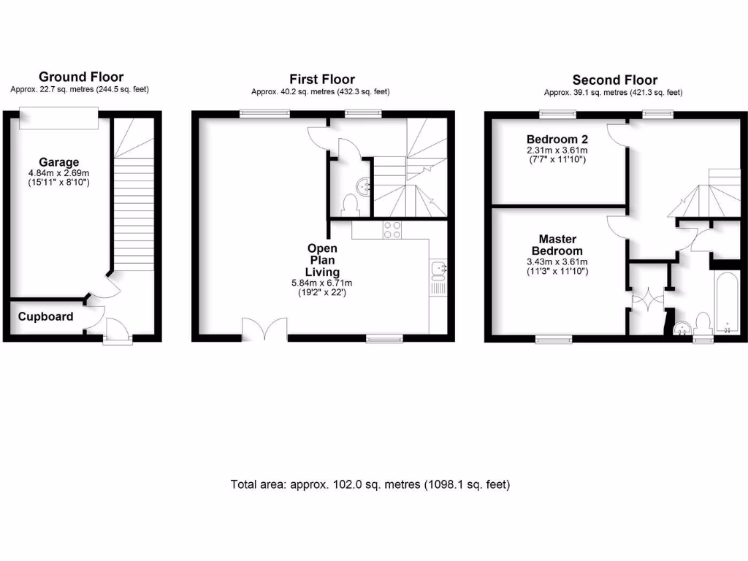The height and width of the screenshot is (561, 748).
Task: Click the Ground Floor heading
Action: [x=81, y=77]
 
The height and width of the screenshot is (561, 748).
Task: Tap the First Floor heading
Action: [x=322, y=79]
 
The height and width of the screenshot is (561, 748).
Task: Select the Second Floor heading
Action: [x=614, y=80]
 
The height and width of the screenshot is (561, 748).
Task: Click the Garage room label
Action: [x=59, y=162]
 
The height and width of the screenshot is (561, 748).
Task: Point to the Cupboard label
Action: [x=46, y=317]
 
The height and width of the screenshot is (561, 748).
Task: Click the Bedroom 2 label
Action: [x=557, y=139]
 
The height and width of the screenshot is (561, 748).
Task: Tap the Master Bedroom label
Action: [x=557, y=245]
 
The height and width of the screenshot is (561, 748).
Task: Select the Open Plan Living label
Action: [x=322, y=260]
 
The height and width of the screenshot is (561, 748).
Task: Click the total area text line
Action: [x=370, y=484]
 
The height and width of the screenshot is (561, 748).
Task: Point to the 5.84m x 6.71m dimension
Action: [x=322, y=283]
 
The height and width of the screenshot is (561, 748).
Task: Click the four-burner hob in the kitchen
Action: [x=392, y=229]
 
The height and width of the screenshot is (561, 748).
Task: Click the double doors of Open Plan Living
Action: [x=264, y=329]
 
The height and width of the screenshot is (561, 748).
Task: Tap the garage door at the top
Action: [x=58, y=115]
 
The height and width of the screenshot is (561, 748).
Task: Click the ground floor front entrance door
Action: [x=118, y=330]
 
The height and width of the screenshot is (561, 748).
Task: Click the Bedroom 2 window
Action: [x=557, y=113]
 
